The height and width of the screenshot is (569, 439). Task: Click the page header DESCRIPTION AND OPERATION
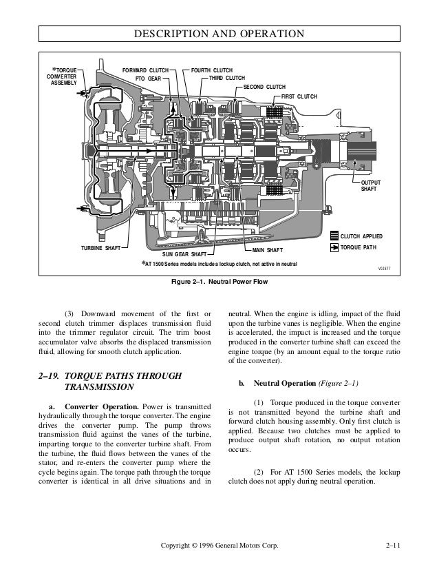tap(219, 33)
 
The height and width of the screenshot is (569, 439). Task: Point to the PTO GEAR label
tap(149, 79)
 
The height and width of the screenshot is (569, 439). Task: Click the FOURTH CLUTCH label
tap(212, 70)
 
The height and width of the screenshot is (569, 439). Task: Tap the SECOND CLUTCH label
tap(264, 87)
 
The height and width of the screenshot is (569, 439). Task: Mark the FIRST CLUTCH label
tap(299, 95)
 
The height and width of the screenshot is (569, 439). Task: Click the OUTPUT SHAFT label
tap(370, 186)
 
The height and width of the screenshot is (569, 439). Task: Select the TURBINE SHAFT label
tap(101, 247)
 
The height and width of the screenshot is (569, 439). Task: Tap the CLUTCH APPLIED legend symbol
tap(334, 236)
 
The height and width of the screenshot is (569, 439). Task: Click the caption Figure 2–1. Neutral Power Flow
tap(219, 281)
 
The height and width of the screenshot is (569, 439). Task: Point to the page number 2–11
tap(396, 546)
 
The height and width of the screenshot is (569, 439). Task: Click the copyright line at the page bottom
tap(219, 546)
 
